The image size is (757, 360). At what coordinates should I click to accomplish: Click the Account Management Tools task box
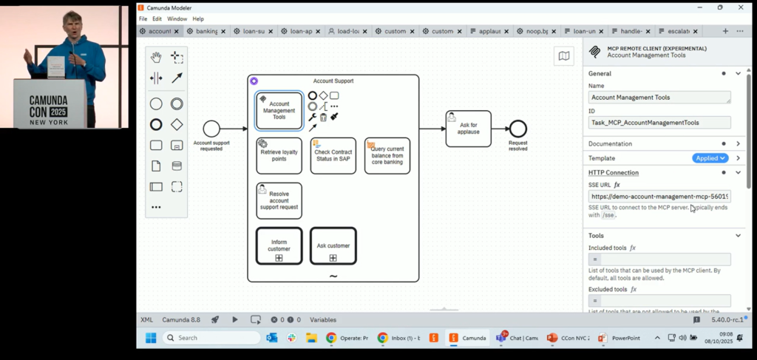[x=279, y=111]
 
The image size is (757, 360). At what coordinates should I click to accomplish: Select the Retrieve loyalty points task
[x=279, y=156]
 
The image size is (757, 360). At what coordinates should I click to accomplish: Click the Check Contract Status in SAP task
[x=333, y=156]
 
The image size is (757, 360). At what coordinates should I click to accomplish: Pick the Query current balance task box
[x=387, y=156]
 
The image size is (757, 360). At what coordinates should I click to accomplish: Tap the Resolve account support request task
[x=279, y=201]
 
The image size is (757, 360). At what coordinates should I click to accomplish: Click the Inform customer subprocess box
[x=279, y=245]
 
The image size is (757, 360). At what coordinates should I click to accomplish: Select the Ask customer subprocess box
[x=333, y=245]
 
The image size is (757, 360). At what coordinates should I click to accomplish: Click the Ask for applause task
[x=468, y=129]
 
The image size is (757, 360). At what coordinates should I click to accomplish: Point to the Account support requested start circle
[x=211, y=129]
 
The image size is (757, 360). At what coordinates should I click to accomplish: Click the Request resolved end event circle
[x=517, y=129]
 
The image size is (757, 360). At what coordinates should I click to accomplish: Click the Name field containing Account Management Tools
[x=659, y=98]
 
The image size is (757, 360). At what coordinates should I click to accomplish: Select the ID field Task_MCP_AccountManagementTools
[x=659, y=123]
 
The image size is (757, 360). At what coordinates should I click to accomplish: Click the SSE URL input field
[x=659, y=197]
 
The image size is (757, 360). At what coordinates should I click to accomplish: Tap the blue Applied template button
[x=710, y=158]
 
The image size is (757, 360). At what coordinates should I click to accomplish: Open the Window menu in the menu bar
[x=177, y=18]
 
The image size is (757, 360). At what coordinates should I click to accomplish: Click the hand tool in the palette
[x=156, y=57]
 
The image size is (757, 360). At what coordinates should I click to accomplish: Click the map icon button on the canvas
[x=564, y=56]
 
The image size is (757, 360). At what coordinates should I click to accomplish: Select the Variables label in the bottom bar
[x=322, y=320]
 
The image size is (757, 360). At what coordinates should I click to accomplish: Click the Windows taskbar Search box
[x=211, y=338]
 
